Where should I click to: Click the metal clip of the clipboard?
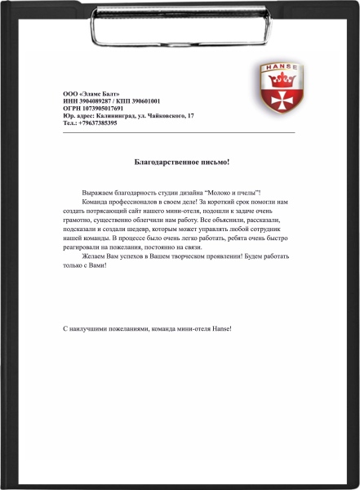pos(179,24)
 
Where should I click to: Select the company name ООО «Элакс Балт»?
pos(91,94)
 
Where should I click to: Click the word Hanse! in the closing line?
pos(221,328)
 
